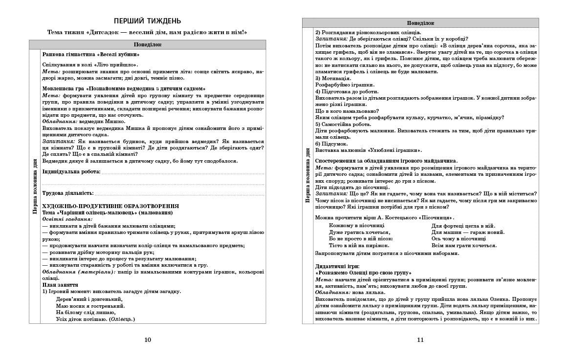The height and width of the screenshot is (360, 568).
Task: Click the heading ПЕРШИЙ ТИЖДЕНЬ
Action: click(147, 21)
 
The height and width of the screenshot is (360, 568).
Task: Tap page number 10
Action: click(148, 340)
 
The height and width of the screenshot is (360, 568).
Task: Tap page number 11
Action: click(420, 340)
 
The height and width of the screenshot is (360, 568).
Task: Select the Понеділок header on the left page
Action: click(147, 44)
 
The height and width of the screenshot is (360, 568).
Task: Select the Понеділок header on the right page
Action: click(420, 23)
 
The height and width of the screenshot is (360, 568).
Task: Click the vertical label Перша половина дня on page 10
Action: click(35, 186)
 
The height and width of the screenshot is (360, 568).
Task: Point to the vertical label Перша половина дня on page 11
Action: click(308, 175)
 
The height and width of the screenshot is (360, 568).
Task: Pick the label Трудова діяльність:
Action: click(68, 193)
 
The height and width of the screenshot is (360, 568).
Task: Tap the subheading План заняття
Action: click(60, 285)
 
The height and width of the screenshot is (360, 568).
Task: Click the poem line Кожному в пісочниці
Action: click(356, 226)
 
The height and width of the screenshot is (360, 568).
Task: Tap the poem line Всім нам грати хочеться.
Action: click(464, 245)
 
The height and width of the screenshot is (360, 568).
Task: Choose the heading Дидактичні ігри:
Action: click(337, 266)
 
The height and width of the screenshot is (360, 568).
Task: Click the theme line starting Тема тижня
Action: click(147, 32)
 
